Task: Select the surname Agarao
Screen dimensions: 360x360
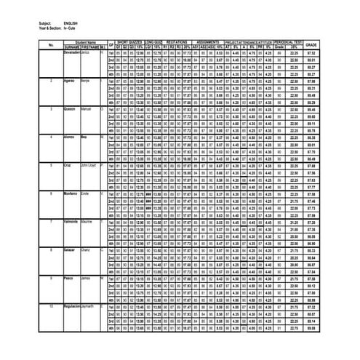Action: tap(69, 81)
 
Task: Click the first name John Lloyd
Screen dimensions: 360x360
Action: tap(89, 165)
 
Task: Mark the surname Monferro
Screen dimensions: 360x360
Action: tap(71, 193)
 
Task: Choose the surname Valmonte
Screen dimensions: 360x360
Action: tap(71, 221)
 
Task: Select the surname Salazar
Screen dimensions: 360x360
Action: tap(69, 249)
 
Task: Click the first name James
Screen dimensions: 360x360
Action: tap(85, 278)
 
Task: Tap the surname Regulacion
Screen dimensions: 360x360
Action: tap(72, 305)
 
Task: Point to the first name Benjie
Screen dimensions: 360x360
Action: tap(86, 81)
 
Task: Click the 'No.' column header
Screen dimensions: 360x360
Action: tap(51, 46)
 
